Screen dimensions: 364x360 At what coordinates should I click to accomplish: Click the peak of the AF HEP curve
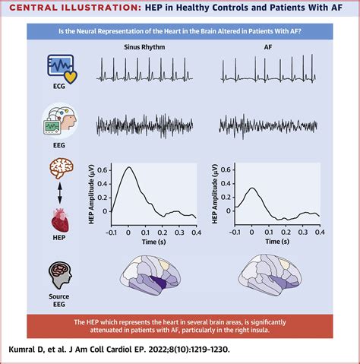(253, 188)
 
